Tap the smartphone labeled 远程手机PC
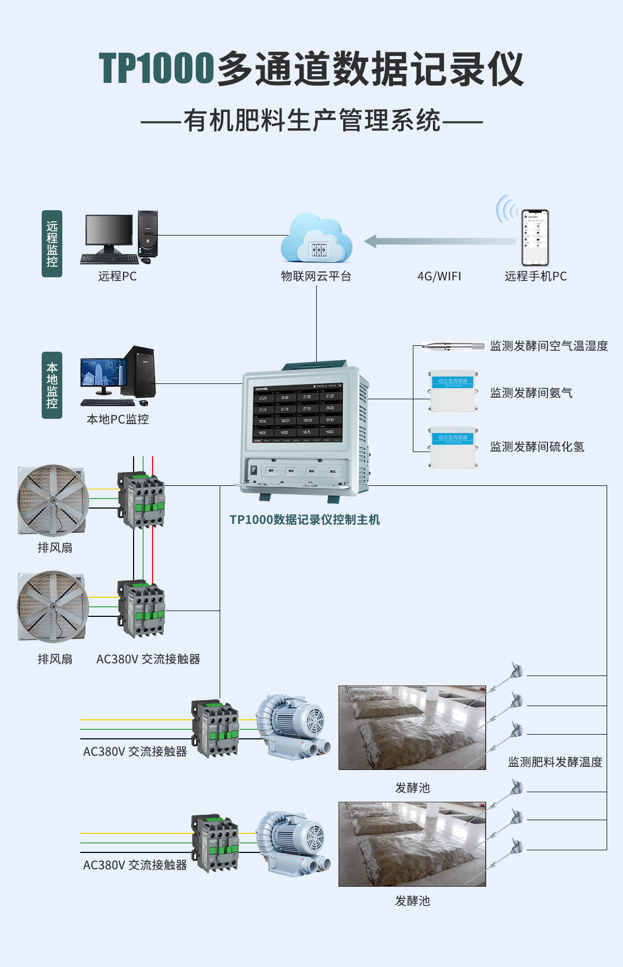pos(535,238)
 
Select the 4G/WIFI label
pos(439,276)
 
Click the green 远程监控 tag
pos(52,243)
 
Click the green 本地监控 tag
pos(52,385)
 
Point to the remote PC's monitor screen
pos(109,229)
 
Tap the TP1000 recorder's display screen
pos(298,413)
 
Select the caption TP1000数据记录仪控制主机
pos(305,520)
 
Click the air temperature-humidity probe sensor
pos(453,346)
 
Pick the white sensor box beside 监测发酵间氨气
pos(454,391)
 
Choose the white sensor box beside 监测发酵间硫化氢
pos(454,447)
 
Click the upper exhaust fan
pos(52,500)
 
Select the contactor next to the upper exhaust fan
pos(141,500)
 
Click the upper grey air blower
pos(293,726)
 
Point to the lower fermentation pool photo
pos(412,843)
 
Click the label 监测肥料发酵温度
pos(555,762)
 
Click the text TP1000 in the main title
pos(156,69)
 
